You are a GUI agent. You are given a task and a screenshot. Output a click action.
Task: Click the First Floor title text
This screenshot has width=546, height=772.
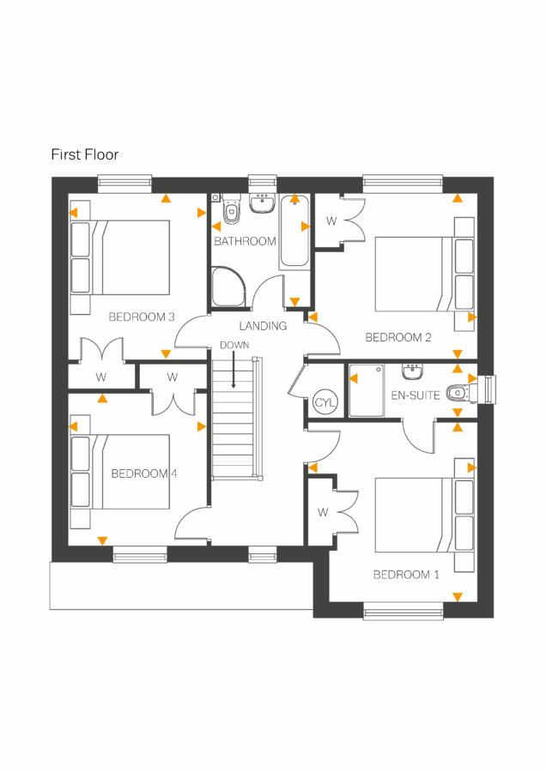point(84,155)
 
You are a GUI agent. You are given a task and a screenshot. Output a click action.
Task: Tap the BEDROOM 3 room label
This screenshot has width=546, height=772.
point(142,317)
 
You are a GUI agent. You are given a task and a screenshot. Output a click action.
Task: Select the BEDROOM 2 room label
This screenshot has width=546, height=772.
point(398,337)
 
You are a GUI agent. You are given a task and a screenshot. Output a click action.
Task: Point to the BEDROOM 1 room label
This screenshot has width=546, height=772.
point(406,575)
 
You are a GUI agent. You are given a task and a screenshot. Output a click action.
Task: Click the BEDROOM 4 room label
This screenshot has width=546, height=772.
point(144,473)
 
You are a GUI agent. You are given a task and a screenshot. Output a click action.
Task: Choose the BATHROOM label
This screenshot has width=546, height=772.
point(245,241)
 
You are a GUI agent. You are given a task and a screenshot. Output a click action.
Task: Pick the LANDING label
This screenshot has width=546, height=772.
point(263,326)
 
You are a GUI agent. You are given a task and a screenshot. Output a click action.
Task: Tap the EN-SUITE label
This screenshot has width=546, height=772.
point(416,395)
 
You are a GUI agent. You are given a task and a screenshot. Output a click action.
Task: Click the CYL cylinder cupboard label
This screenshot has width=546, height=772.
point(325,403)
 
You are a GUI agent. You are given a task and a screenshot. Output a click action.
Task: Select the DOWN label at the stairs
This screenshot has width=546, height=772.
point(234,345)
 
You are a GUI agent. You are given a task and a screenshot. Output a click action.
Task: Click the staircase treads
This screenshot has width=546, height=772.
point(235,420)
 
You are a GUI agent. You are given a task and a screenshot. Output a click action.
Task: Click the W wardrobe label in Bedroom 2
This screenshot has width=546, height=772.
point(331,221)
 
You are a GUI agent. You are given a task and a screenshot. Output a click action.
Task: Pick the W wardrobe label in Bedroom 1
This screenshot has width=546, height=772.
point(323,513)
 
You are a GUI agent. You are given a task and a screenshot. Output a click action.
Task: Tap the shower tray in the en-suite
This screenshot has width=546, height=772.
point(366,391)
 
